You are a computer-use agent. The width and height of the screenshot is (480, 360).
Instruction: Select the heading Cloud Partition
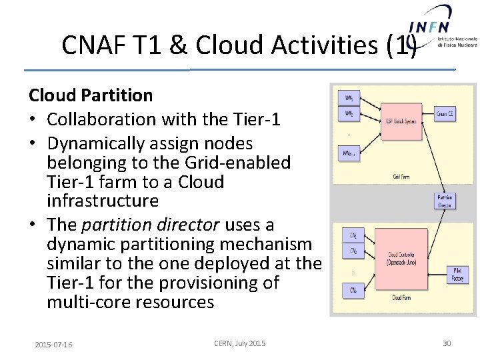[91, 95]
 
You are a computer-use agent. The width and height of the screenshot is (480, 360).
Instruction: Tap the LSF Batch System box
[401, 121]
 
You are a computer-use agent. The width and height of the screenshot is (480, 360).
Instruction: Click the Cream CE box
[445, 115]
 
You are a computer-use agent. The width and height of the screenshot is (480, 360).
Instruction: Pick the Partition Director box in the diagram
[445, 201]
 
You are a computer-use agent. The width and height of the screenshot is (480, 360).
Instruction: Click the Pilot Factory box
[457, 274]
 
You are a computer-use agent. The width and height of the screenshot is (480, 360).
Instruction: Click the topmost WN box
[349, 99]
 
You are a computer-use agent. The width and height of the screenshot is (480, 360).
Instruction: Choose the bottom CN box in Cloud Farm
[353, 289]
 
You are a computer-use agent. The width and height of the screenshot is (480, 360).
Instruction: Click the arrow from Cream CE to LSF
[428, 113]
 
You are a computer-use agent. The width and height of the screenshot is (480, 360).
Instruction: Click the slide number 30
[447, 343]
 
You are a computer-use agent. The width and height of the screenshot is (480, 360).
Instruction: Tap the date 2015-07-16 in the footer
[53, 344]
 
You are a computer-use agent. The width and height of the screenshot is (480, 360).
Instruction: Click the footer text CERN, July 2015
[239, 343]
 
